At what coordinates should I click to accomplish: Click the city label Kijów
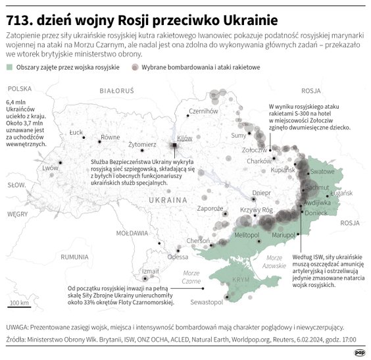[185, 138]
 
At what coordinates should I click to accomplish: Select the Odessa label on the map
[178, 257]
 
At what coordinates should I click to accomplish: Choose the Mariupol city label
[285, 235]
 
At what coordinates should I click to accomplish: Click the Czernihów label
[203, 111]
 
